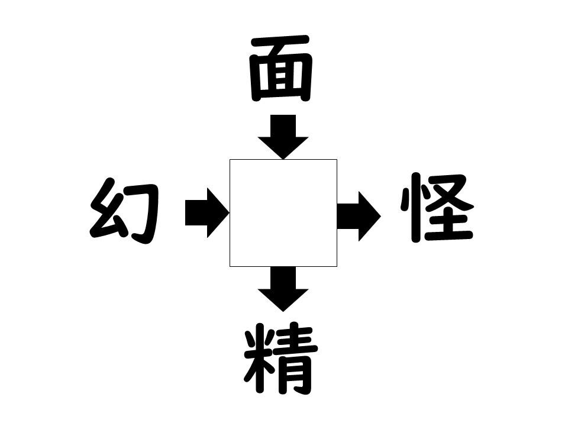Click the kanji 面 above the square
click(x=281, y=68)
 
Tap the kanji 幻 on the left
click(x=125, y=211)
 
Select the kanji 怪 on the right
click(x=437, y=208)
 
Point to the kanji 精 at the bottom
click(x=280, y=359)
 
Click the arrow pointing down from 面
click(x=283, y=137)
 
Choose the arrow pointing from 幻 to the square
click(x=207, y=213)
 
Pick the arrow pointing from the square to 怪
click(x=359, y=217)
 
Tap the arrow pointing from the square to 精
click(x=283, y=289)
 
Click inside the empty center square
click(x=283, y=213)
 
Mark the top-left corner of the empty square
click(x=230, y=159)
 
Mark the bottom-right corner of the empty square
click(x=337, y=267)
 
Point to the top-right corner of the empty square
click(x=337, y=159)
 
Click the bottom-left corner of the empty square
click(x=230, y=267)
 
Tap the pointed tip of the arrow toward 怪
click(x=381, y=217)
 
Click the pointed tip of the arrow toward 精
click(x=283, y=312)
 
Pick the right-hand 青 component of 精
click(x=296, y=359)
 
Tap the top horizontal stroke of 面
click(x=281, y=41)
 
